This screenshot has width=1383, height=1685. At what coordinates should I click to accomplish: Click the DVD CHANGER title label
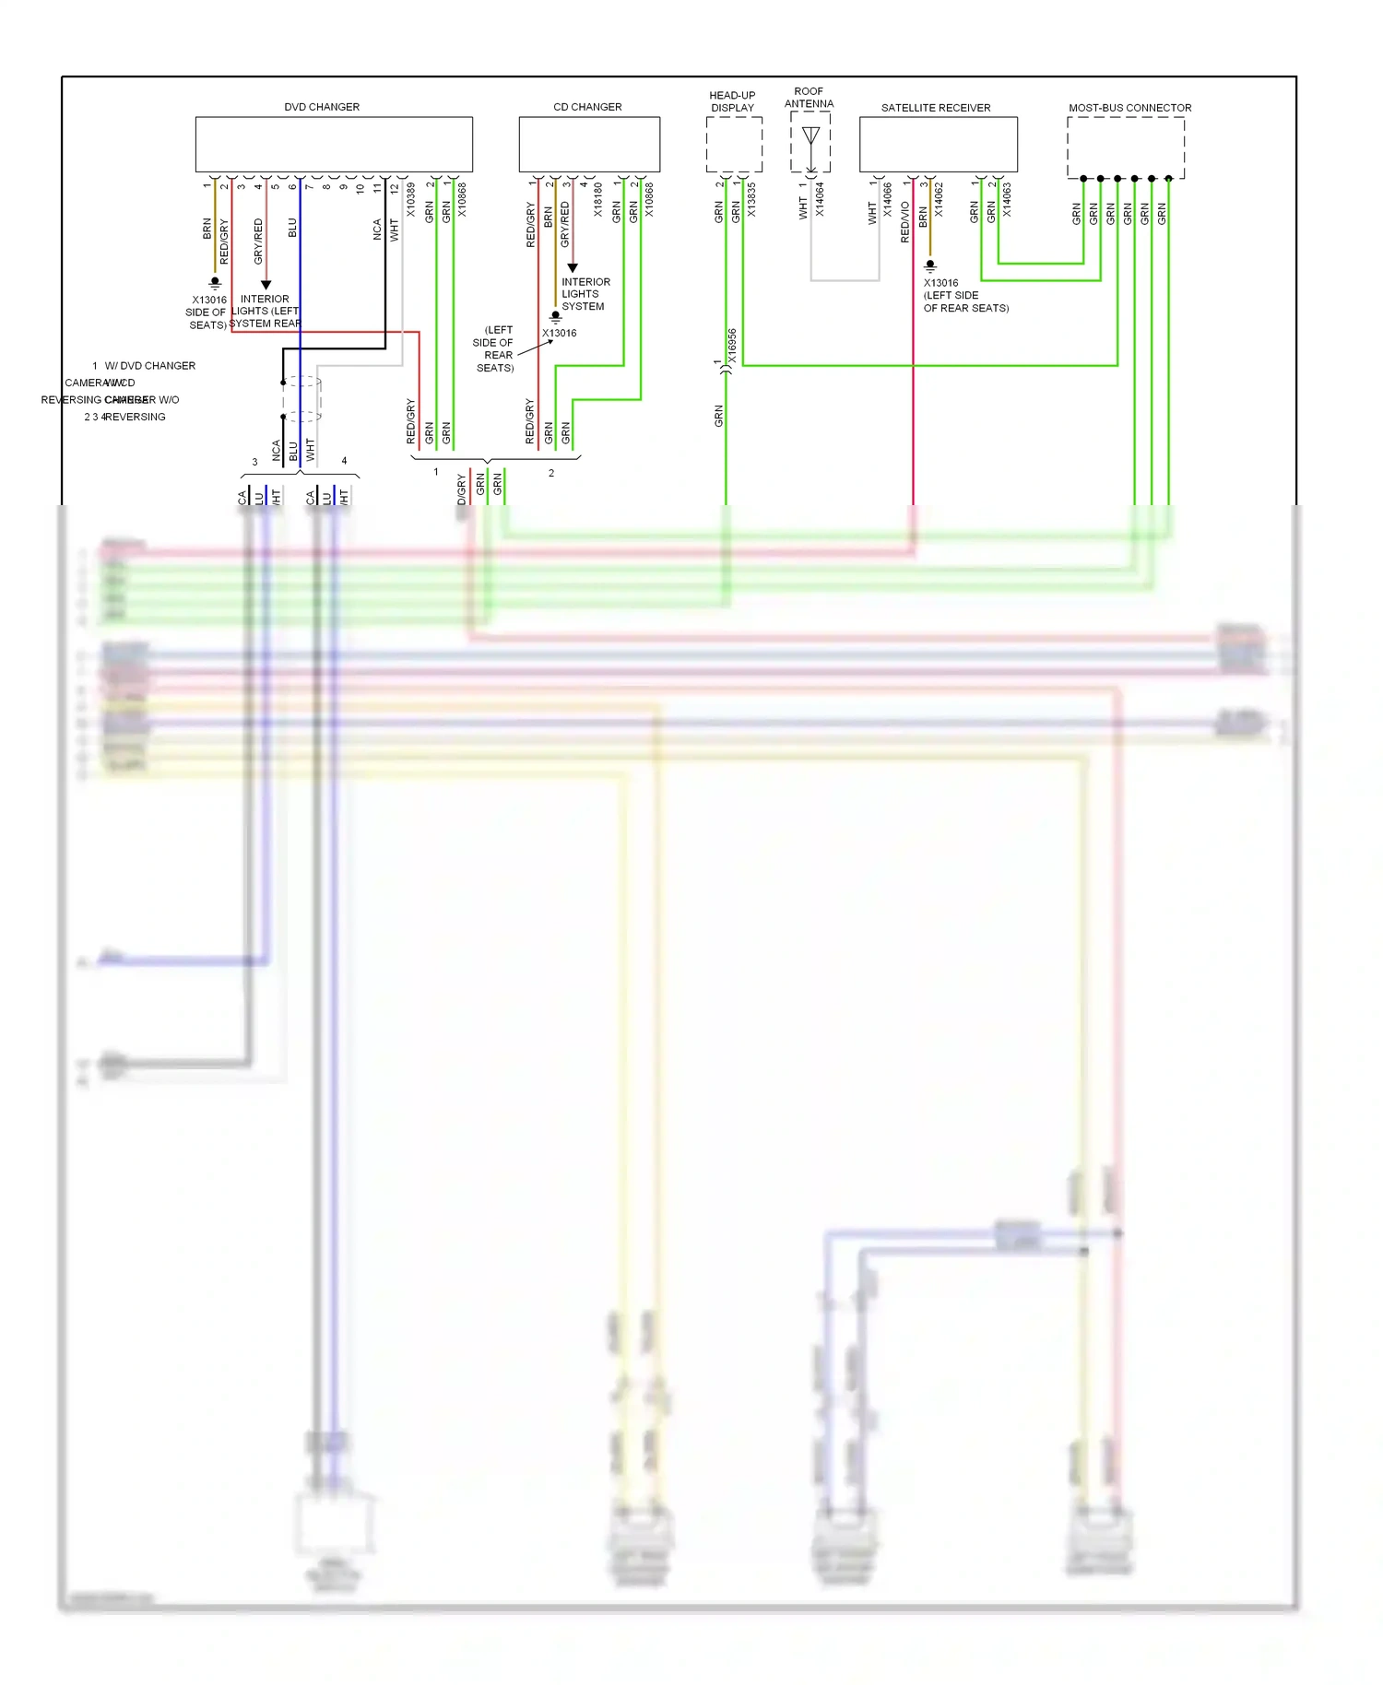[x=322, y=107]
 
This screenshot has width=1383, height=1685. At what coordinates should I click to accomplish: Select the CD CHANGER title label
[x=587, y=107]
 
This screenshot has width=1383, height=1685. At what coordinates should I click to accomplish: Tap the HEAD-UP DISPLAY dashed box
[x=734, y=145]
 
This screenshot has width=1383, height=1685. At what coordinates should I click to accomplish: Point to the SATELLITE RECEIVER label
[x=936, y=108]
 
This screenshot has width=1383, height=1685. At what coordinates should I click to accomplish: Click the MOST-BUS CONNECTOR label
[x=1129, y=108]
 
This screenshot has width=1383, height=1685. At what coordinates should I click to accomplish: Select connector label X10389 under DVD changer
[x=411, y=199]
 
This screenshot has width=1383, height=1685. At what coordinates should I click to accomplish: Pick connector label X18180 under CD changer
[x=598, y=199]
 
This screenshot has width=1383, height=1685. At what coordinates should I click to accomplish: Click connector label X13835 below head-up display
[x=751, y=200]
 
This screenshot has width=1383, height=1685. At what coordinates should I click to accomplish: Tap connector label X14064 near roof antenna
[x=820, y=199]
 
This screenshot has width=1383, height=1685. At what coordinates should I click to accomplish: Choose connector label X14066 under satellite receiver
[x=888, y=199]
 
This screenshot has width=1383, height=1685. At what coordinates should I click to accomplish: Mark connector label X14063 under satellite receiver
[x=1007, y=199]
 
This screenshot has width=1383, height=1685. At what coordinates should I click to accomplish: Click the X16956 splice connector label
[x=732, y=346]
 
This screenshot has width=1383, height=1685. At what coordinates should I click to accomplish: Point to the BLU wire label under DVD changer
[x=292, y=228]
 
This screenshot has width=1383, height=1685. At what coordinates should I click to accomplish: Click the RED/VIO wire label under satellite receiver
[x=904, y=222]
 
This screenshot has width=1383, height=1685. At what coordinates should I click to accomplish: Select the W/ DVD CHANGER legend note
[x=149, y=366]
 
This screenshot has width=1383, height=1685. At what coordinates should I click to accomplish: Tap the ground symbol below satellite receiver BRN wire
[x=930, y=265]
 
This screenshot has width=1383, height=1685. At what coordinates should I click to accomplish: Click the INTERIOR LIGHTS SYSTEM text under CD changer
[x=585, y=294]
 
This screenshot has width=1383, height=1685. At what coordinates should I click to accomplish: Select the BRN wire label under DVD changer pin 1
[x=207, y=229]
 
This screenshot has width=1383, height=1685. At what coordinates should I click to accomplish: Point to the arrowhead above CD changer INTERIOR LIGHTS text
[x=573, y=267]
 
